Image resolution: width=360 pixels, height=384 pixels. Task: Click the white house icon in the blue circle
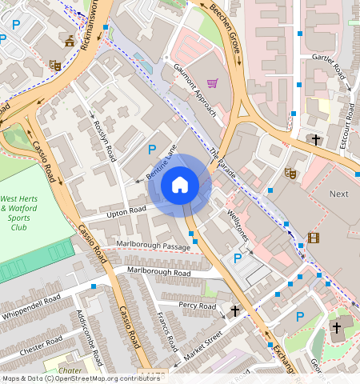coord(180,185)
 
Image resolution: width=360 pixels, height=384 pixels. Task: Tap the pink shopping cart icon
coord(212,82)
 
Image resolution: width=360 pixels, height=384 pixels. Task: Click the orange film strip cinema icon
coord(313,238)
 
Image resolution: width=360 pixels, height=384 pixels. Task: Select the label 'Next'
coord(339,194)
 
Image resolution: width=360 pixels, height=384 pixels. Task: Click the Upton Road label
coord(127,210)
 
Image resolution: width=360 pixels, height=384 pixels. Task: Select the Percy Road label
coord(198,306)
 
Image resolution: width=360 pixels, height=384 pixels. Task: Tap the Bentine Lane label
coord(161,162)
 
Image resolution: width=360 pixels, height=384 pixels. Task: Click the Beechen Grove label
coord(224,27)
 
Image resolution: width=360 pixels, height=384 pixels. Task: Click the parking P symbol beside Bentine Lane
coord(152,149)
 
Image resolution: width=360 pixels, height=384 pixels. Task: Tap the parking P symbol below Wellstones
coord(237,258)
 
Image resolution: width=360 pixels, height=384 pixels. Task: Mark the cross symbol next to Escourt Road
coord(316,140)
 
